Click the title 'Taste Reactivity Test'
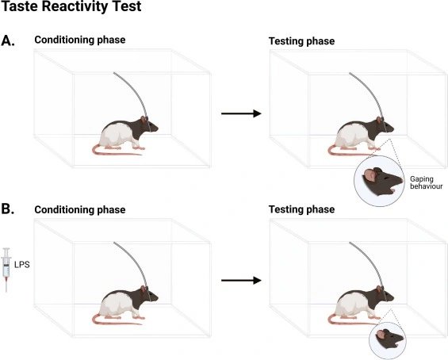coord(71,6)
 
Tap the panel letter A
coord(8,41)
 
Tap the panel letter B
coord(8,209)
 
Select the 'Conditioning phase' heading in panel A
coord(80,40)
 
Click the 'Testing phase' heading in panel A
coord(302,41)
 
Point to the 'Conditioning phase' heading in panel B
coord(80,209)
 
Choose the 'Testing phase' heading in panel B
coord(302,209)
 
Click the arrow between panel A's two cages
coord(241,113)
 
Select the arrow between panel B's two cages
coord(241,281)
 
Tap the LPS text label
coord(22,265)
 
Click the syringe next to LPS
coord(6,270)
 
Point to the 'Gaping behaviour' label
coord(427,183)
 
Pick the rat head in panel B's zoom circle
coord(389,339)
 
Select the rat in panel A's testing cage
coord(361,136)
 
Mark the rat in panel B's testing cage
coord(361,305)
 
